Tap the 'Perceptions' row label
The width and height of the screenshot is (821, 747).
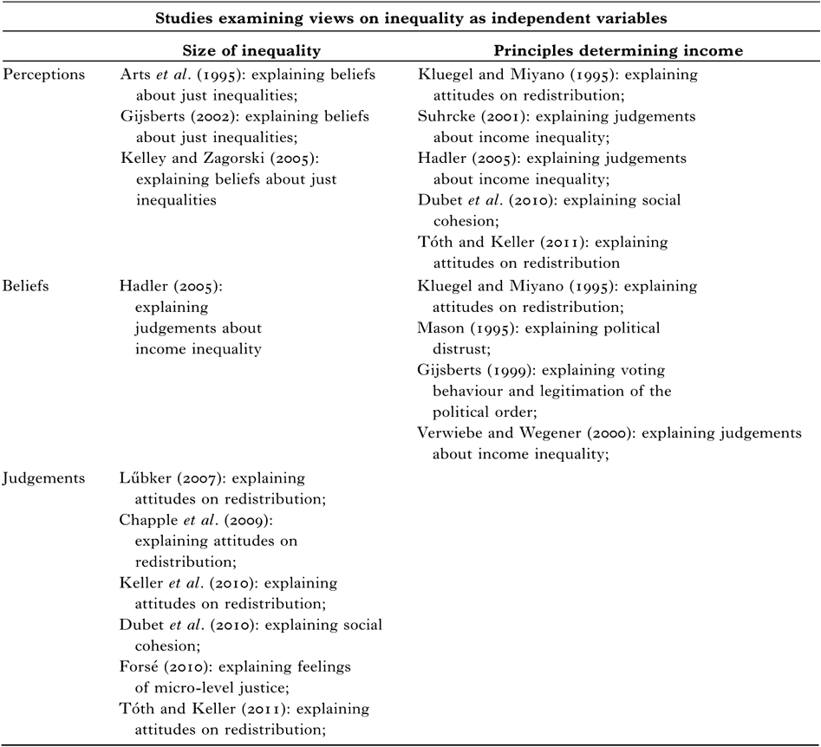44,75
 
